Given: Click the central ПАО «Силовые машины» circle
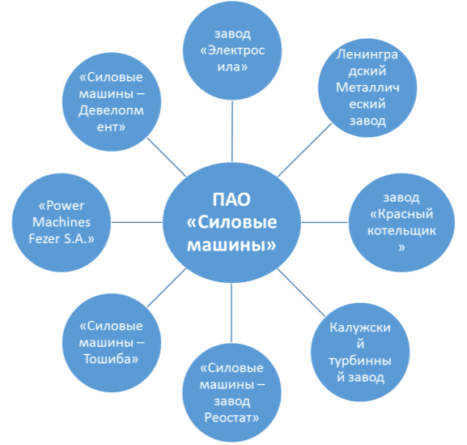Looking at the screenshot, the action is tap(231, 222).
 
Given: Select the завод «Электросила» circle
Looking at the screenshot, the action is tap(232, 51).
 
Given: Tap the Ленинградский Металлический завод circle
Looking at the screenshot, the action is tap(367, 88).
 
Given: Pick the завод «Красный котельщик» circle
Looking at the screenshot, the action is tap(401, 222).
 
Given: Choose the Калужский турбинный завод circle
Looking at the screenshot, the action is tap(360, 353).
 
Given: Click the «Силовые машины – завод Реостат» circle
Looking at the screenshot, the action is tap(231, 392).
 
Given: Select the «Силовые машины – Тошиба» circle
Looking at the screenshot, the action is tap(112, 343).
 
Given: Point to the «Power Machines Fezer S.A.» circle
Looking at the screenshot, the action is tap(62, 222).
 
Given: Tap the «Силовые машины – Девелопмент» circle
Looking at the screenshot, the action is tap(112, 102).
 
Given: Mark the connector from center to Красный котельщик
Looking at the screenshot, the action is tap(325, 222).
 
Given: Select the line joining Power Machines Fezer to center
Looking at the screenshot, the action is tap(137, 222).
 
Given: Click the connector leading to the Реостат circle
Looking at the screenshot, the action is tap(231, 313).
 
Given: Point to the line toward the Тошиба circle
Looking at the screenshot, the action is tap(167, 288).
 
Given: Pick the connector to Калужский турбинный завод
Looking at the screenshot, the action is tap(301, 293).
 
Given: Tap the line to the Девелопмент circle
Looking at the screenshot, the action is tap(167, 157).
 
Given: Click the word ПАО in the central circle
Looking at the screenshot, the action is tap(231, 199).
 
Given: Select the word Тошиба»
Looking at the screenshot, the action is tap(111, 359).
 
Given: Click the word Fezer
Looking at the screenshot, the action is tap(44, 238).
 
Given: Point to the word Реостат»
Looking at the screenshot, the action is tap(231, 417).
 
